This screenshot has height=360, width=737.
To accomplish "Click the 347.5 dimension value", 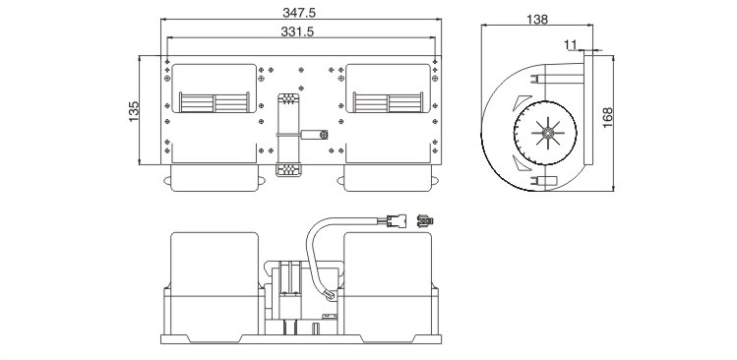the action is pyautogui.click(x=299, y=13).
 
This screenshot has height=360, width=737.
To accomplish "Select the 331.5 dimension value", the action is pyautogui.click(x=297, y=31).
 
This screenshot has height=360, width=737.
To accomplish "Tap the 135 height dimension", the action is pyautogui.click(x=134, y=111).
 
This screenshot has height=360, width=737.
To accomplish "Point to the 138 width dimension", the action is pyautogui.click(x=537, y=20).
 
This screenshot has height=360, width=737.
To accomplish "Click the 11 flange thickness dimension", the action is pyautogui.click(x=570, y=44).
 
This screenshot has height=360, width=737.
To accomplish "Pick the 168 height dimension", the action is pyautogui.click(x=608, y=117).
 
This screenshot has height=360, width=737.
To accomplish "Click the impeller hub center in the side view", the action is pyautogui.click(x=547, y=134).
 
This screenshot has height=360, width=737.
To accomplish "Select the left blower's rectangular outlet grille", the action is pyautogui.click(x=215, y=102).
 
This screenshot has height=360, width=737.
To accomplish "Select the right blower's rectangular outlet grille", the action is pyautogui.click(x=388, y=102).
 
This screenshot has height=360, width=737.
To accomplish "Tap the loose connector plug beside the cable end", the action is pyautogui.click(x=425, y=220).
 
